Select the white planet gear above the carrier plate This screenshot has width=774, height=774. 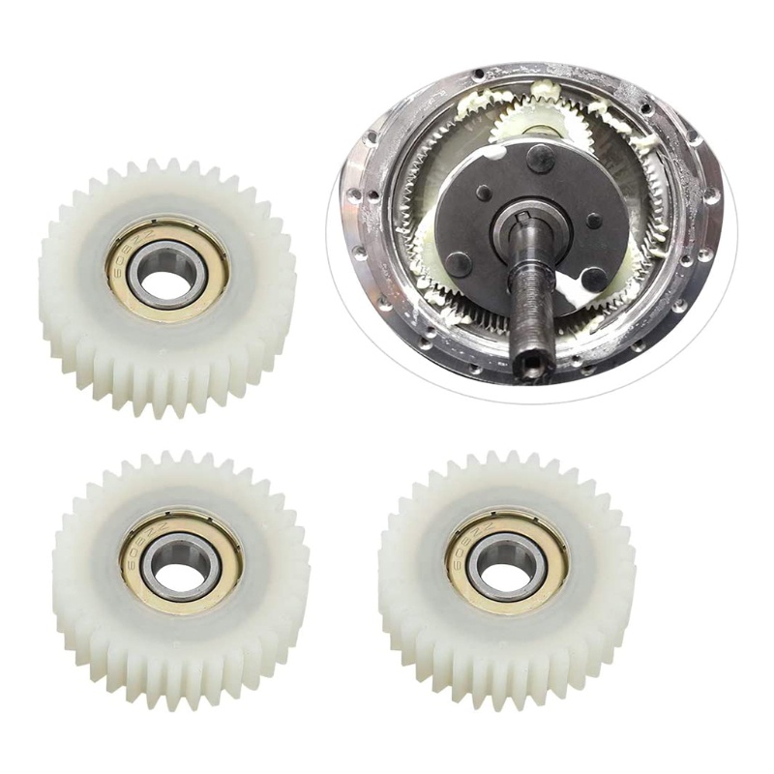coord(531,117)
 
